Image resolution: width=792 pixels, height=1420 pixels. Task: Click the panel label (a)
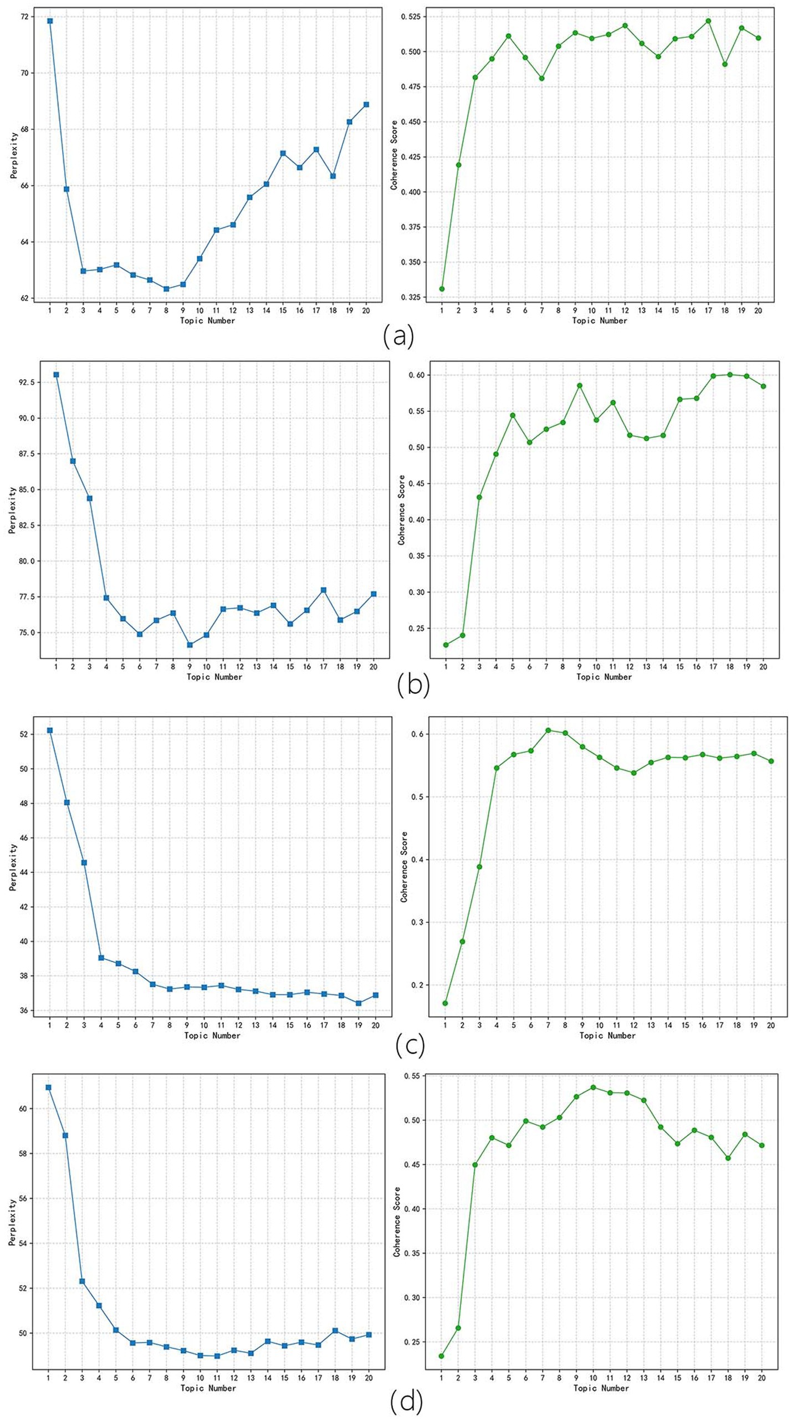pyautogui.click(x=398, y=336)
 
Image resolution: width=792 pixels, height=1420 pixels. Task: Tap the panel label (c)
pyautogui.click(x=411, y=1045)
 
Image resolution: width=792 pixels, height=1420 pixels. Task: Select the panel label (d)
pyautogui.click(x=406, y=1402)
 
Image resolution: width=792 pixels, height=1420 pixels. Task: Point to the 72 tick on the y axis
pyautogui.click(x=24, y=17)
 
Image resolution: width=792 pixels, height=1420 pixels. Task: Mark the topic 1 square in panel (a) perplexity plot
pyautogui.click(x=50, y=21)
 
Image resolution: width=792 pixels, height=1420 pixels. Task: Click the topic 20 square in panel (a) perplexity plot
pyautogui.click(x=366, y=105)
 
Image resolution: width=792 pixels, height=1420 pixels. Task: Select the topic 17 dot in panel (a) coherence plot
pyautogui.click(x=708, y=21)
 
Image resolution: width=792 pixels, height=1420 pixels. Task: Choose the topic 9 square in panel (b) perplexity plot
pyautogui.click(x=190, y=645)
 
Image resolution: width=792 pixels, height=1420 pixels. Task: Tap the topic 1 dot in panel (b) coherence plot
pyautogui.click(x=446, y=645)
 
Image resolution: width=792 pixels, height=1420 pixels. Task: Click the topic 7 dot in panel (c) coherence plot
pyautogui.click(x=548, y=731)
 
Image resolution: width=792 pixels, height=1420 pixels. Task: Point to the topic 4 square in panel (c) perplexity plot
pyautogui.click(x=101, y=958)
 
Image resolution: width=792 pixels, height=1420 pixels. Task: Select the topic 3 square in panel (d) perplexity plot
pyautogui.click(x=82, y=1281)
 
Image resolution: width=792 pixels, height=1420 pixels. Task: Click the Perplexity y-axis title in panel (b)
pyautogui.click(x=12, y=510)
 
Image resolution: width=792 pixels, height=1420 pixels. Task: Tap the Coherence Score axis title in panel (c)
pyautogui.click(x=404, y=867)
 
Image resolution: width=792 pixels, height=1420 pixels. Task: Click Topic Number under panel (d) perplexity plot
pyautogui.click(x=208, y=1388)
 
